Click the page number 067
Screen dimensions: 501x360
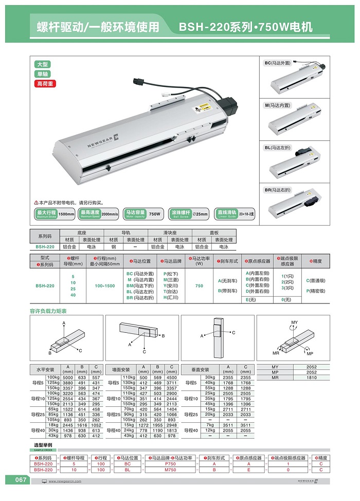21,480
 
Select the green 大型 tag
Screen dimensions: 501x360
42,64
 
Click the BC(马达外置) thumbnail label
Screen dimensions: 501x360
277,63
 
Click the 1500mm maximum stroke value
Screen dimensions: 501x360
66,213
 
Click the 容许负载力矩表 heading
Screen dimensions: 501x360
48,311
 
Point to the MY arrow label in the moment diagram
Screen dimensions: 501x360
294,322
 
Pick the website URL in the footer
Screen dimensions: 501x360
69,481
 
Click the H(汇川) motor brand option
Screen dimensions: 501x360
171,297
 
